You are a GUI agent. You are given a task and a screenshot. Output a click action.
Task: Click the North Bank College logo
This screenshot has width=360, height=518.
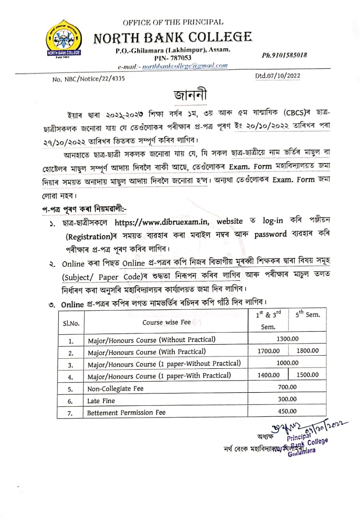63,40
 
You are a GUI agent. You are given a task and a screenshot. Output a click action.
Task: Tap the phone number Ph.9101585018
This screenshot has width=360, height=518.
284,55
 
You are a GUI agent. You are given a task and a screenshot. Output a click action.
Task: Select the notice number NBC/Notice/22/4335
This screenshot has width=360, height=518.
89,79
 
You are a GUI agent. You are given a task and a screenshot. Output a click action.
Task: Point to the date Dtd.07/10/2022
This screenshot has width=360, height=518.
277,76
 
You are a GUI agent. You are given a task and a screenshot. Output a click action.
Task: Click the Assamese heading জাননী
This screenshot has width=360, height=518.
190,95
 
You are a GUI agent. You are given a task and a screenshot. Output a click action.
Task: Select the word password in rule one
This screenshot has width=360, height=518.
271,234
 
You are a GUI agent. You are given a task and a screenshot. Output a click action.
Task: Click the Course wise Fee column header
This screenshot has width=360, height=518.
166,323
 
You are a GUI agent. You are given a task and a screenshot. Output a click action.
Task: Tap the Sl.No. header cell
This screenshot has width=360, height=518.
71,323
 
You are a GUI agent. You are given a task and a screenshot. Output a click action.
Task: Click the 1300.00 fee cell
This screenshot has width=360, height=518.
287,339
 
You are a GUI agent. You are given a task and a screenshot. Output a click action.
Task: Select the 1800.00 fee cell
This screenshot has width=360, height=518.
307,351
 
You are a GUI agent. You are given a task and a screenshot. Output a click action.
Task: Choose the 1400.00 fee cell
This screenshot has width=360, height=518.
268,375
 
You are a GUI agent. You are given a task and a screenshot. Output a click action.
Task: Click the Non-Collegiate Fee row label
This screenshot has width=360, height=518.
116,388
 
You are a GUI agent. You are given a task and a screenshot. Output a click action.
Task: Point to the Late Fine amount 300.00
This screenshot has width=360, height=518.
287,399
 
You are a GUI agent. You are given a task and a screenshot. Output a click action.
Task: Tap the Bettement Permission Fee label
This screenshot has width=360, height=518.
126,412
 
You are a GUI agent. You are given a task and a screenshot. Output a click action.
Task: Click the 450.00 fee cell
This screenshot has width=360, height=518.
287,411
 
